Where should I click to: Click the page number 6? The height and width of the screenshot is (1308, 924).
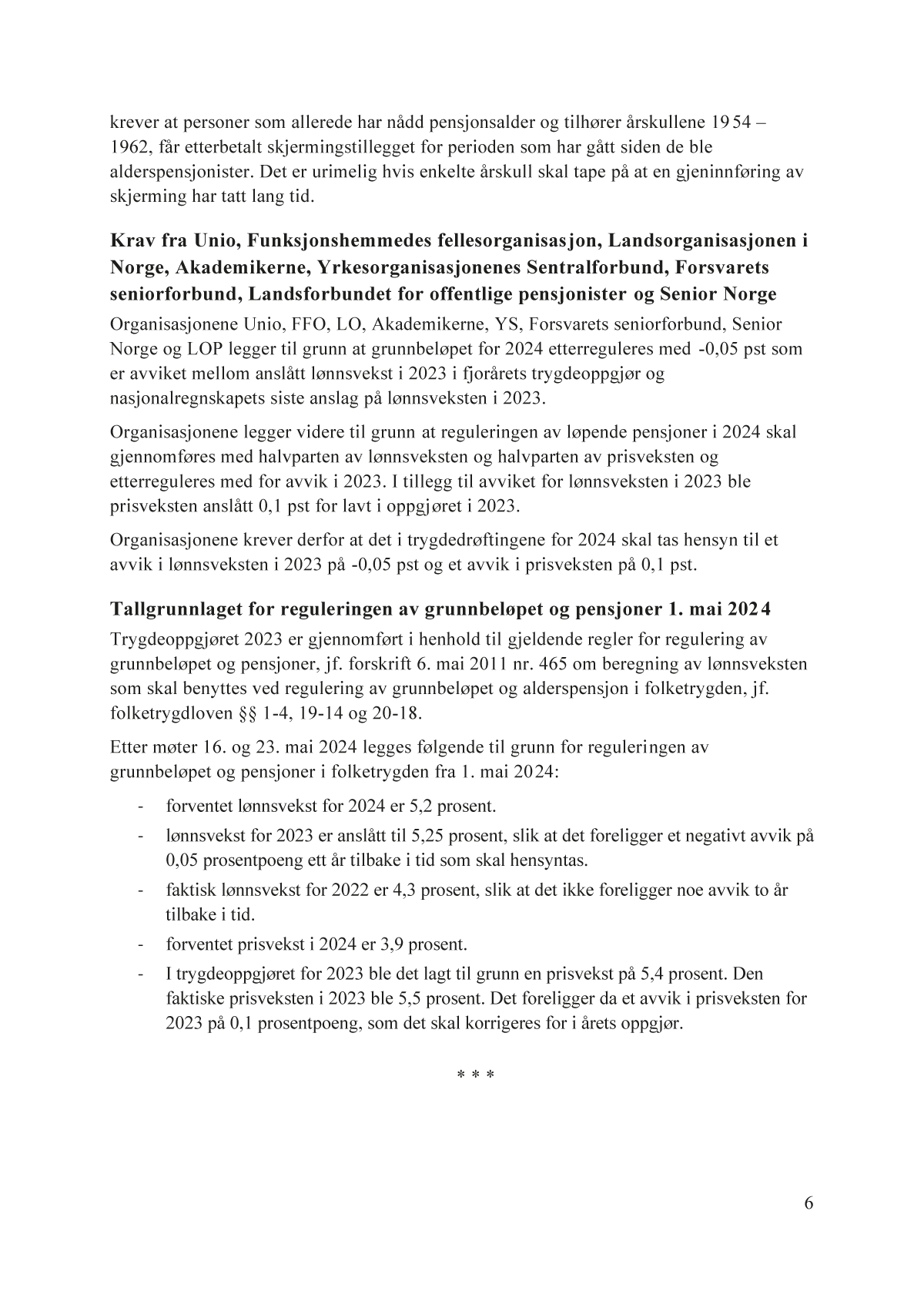(808, 1204)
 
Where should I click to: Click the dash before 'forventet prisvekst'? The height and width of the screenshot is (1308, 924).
(140, 944)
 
